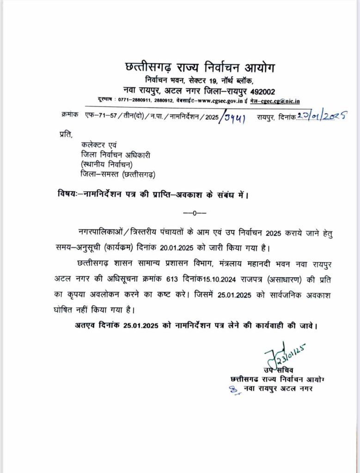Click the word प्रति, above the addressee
[x=66, y=134]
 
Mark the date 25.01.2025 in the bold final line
[x=141, y=325]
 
